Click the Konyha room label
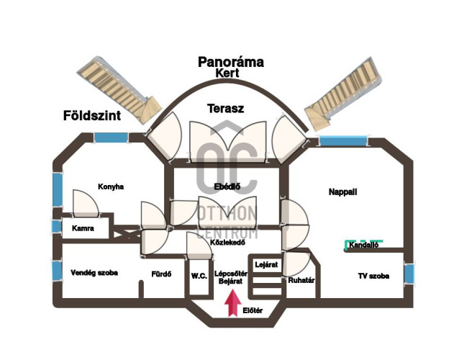pos(111,186)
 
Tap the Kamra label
pos(83,228)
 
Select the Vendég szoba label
pos(94,273)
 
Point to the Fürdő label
pos(160,274)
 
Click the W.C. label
pos(199,276)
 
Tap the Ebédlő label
pos(227,187)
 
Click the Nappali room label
pos(342,192)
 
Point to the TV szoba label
pos(373,276)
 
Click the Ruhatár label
pos(301,281)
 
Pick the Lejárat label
pos(266,265)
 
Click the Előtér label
pos(253,311)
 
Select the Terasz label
pos(225,109)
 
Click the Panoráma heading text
pos(231,62)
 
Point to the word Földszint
pos(91,115)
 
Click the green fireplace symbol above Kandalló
pos(363,239)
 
